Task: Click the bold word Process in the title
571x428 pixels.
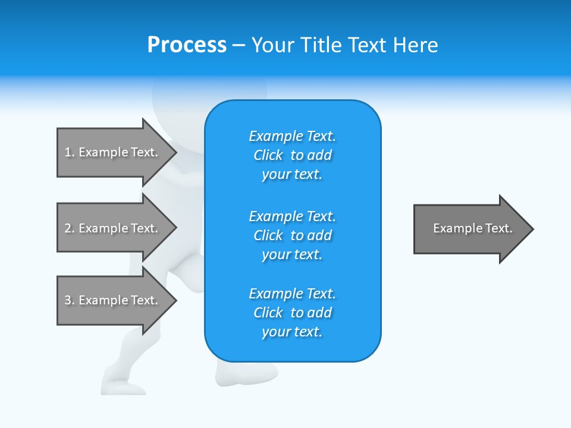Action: tap(187, 45)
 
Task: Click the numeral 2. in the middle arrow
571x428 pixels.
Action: tap(69, 228)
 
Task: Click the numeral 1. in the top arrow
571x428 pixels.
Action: tap(69, 152)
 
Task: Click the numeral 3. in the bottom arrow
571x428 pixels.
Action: tap(69, 300)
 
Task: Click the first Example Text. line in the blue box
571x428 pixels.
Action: tap(292, 136)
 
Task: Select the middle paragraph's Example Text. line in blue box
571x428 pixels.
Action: tap(292, 216)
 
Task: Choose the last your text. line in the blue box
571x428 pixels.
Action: tap(292, 332)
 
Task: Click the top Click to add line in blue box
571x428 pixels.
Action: tap(292, 155)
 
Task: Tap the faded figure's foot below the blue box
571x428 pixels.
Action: tap(238, 374)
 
